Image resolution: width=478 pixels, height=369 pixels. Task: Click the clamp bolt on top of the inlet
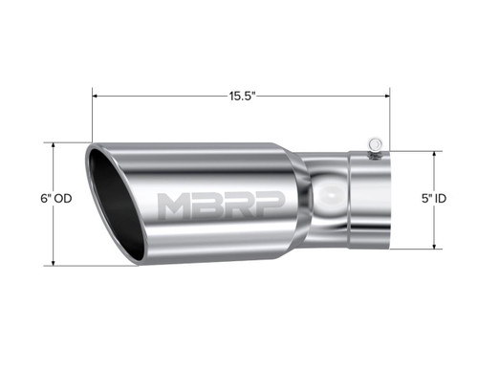[x=376, y=146]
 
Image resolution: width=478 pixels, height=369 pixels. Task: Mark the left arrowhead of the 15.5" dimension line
[x=96, y=96]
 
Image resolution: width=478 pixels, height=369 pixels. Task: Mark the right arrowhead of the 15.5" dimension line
[x=386, y=96]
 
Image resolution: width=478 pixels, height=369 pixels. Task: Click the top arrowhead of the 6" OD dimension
[x=54, y=146]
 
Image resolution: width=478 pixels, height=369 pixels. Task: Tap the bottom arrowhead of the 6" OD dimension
[x=54, y=262]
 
